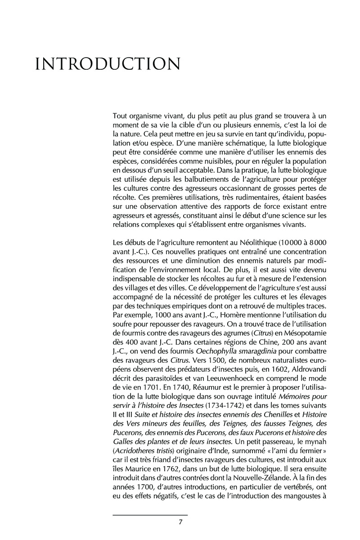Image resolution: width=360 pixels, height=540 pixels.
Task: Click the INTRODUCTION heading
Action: coord(108,64)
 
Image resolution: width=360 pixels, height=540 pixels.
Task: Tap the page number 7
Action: coord(180,522)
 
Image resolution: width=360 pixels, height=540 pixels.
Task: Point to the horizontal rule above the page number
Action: coord(150,514)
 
